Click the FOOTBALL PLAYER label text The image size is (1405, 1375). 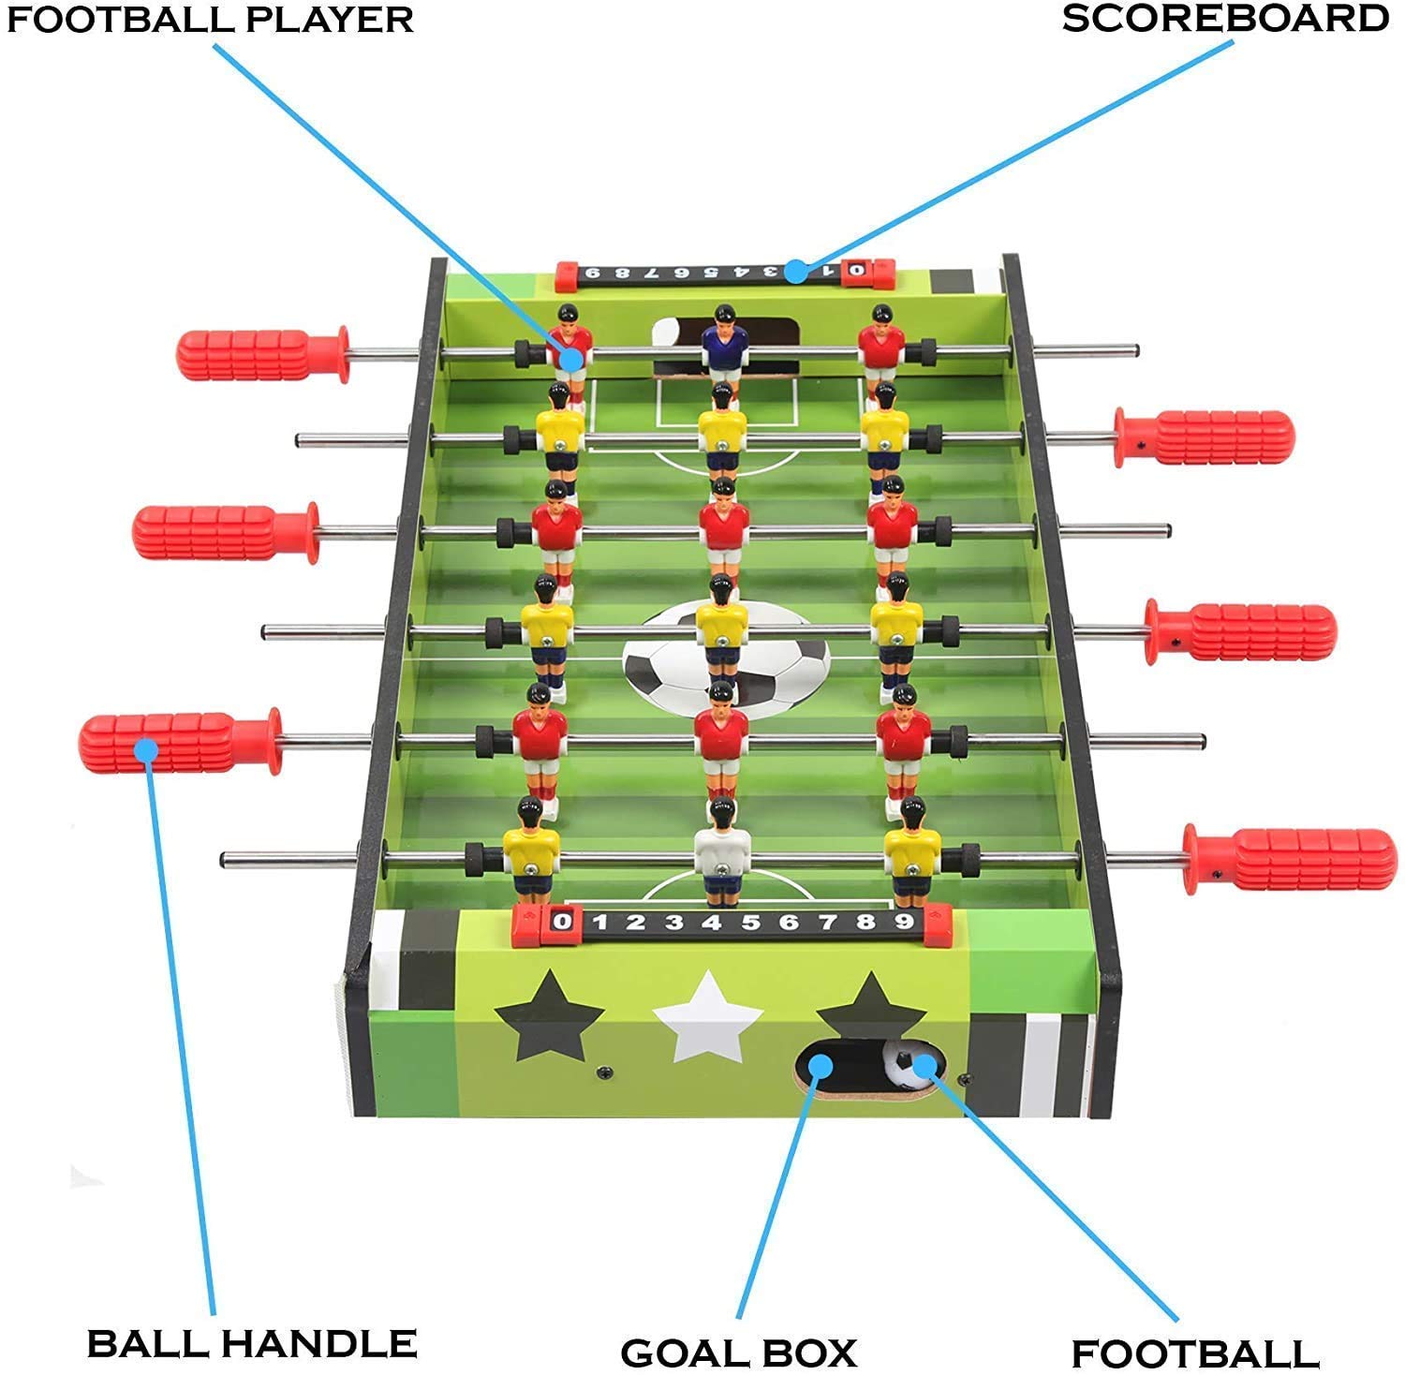pyautogui.click(x=210, y=19)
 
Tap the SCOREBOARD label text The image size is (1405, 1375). pyautogui.click(x=1225, y=19)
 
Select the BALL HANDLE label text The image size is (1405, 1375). pyautogui.click(x=251, y=1343)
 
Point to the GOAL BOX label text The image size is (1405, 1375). pyautogui.click(x=738, y=1353)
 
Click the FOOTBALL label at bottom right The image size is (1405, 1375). pyautogui.click(x=1195, y=1353)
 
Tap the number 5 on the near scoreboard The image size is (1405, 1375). pyautogui.click(x=750, y=923)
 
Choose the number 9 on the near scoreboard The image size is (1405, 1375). pyautogui.click(x=903, y=922)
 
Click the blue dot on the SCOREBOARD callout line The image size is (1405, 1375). pyautogui.click(x=796, y=272)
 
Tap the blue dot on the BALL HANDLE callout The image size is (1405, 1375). pyautogui.click(x=145, y=749)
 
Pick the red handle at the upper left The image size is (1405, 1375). pyautogui.click(x=262, y=355)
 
